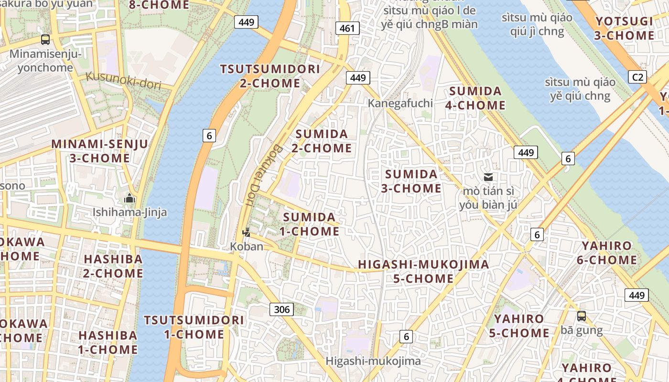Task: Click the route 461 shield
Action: click(x=347, y=28)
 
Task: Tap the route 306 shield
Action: click(x=282, y=309)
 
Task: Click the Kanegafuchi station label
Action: click(x=400, y=103)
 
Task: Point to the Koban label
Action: click(x=247, y=246)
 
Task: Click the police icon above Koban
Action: click(x=247, y=233)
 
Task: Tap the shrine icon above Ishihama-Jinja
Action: click(x=129, y=198)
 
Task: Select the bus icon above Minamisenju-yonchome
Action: click(x=45, y=40)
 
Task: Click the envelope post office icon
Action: click(x=488, y=177)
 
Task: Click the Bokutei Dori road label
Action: click(x=255, y=175)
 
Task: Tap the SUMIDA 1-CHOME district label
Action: click(x=310, y=224)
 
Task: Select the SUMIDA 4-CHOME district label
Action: click(x=475, y=98)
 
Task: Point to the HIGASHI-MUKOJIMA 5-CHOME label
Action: click(x=423, y=271)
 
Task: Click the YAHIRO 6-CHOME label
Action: click(x=606, y=253)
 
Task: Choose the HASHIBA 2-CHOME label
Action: click(x=113, y=266)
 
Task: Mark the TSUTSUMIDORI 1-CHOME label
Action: click(x=194, y=327)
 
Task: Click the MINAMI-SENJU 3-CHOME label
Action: click(x=99, y=151)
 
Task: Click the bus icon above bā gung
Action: click(x=582, y=316)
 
